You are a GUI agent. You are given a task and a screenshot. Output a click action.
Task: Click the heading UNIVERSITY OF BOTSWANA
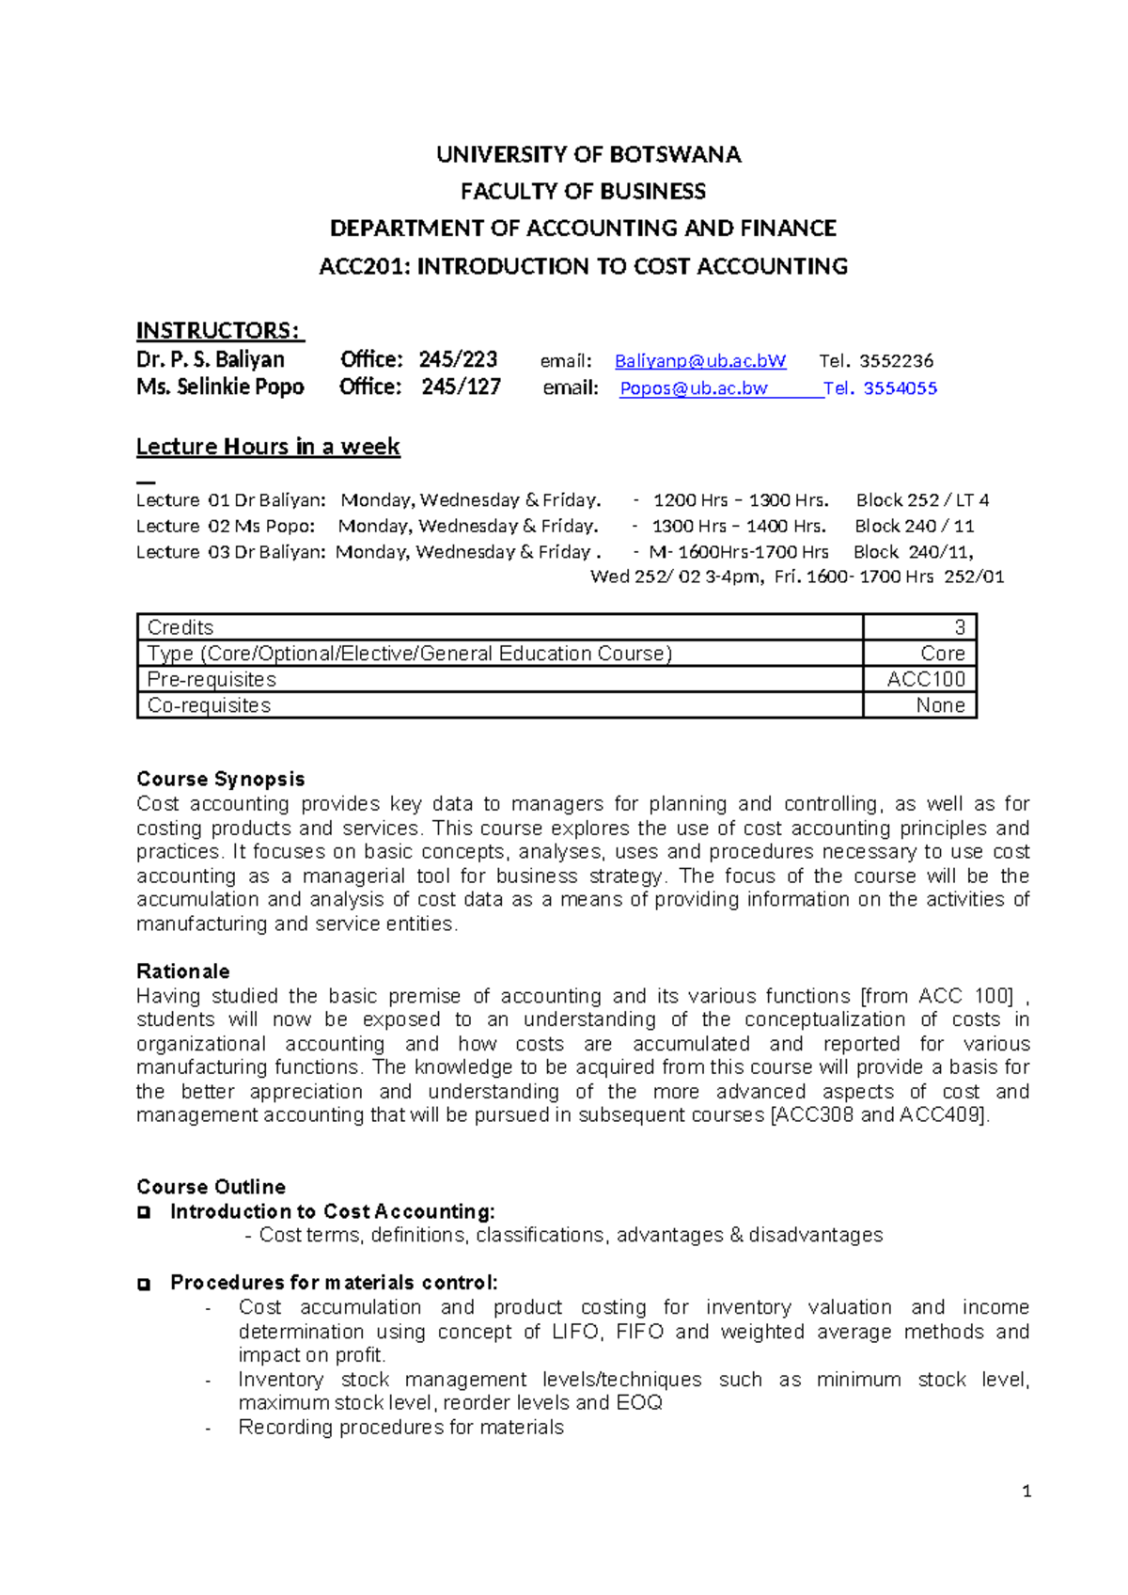588,154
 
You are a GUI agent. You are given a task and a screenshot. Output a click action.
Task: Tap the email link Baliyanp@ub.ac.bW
700,361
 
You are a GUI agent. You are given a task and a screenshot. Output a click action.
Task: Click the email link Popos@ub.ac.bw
694,388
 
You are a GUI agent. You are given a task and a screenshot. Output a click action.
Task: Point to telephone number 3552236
896,361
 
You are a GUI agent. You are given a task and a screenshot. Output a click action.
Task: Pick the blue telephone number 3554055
900,388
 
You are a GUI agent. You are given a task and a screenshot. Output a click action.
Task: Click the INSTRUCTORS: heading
219,331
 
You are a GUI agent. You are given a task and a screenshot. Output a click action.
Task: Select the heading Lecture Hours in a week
268,447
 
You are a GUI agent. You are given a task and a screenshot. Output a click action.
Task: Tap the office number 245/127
461,387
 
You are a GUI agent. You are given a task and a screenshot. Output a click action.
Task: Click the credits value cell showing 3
959,627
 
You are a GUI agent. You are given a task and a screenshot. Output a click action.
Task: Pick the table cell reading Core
942,654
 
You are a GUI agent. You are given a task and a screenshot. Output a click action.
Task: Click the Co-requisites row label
209,705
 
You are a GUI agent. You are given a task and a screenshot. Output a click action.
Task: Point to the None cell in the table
940,705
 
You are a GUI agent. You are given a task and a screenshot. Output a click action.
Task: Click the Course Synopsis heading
221,779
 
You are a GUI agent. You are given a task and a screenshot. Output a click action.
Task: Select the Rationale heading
183,971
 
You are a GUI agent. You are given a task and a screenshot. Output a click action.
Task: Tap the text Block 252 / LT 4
922,500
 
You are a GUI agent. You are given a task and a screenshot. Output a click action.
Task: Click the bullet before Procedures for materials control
144,1285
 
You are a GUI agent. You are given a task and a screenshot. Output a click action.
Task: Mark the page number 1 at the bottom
1026,1492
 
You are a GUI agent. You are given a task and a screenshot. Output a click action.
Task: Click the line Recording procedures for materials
400,1428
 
